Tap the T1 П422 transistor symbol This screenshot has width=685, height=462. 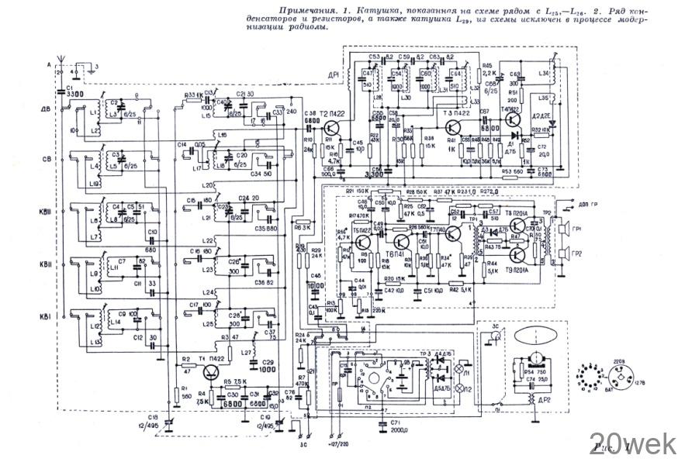click(x=213, y=373)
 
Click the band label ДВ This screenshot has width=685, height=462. click(x=46, y=109)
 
